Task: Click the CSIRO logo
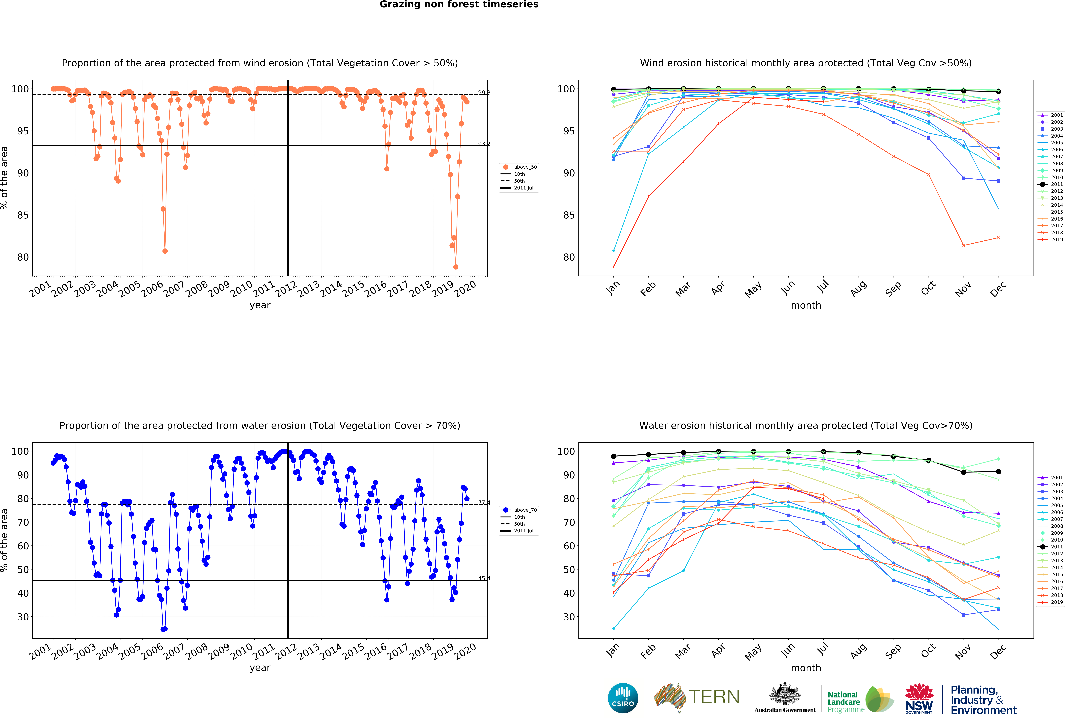pyautogui.click(x=623, y=698)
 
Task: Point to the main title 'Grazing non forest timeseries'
pyautogui.click(x=459, y=5)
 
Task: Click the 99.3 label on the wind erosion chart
pyautogui.click(x=484, y=93)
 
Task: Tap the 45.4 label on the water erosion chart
pyautogui.click(x=484, y=578)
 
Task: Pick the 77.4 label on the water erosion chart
pyautogui.click(x=484, y=503)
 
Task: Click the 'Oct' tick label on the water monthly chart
pyautogui.click(x=928, y=651)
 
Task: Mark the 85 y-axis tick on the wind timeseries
pyautogui.click(x=23, y=215)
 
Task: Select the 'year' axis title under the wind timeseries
pyautogui.click(x=260, y=305)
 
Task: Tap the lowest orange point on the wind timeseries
pyautogui.click(x=456, y=267)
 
